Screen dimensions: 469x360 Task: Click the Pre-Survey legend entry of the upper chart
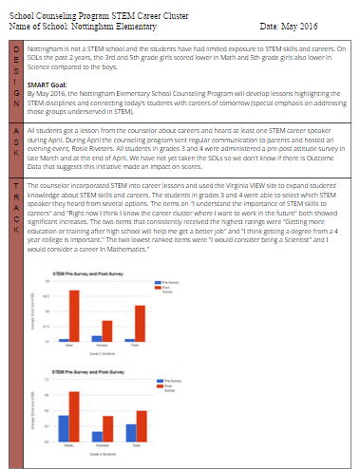coord(170,283)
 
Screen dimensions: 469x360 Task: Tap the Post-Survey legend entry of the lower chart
coord(170,386)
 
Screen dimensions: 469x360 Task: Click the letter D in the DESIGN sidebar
coord(17,47)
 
